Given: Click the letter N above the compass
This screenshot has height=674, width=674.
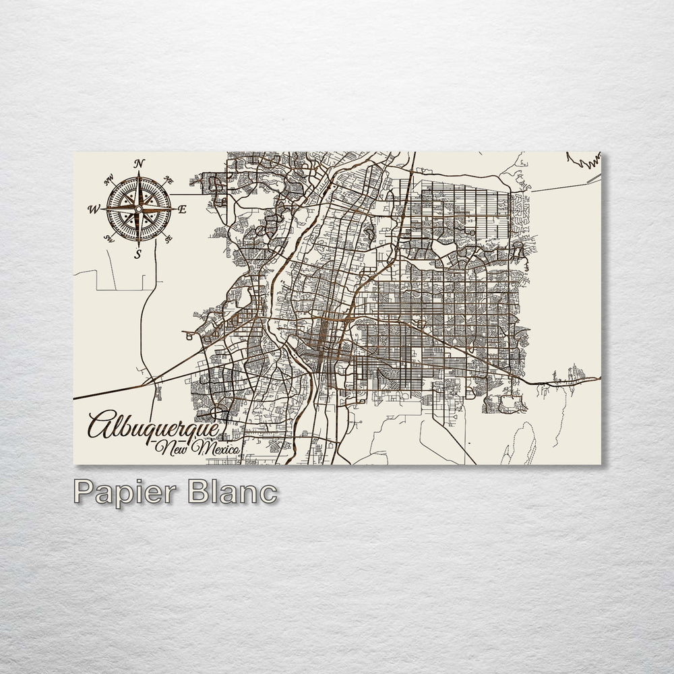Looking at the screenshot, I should pos(140,163).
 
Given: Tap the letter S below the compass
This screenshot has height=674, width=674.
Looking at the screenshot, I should pos(137,254).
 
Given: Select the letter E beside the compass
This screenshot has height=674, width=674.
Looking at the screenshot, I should pos(182,209).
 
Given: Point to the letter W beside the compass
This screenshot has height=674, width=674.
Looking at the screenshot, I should pos(93,209).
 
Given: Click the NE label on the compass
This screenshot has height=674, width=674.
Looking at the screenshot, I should pos(169,181).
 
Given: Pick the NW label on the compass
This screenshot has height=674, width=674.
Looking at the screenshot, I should pos(109,181).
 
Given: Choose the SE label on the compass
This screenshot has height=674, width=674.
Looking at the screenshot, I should pos(168,237).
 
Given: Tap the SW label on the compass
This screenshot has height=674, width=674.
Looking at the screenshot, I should pos(108,238).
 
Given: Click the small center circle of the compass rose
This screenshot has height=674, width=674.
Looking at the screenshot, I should pos(138,209).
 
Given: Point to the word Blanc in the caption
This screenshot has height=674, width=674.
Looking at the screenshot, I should pos(232,491).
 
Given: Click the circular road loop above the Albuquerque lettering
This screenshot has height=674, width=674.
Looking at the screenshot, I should pos(217,412).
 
